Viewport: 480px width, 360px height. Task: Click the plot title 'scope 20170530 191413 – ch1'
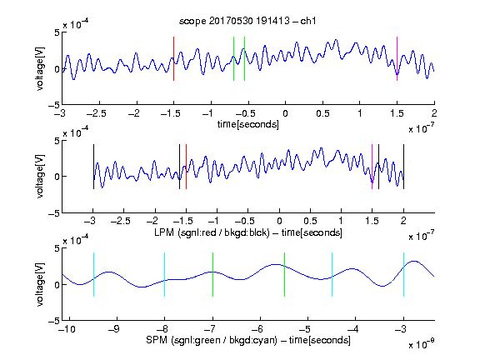[x=247, y=21]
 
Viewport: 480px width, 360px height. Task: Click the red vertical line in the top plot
[x=173, y=59]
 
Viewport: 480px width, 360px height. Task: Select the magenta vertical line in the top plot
[x=397, y=59]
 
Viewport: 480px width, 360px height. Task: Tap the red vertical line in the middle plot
[x=186, y=167]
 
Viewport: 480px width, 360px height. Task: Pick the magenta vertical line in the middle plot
[x=372, y=167]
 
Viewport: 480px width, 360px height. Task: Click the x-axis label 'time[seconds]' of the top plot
[x=248, y=125]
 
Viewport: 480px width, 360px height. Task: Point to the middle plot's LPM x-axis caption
[x=248, y=232]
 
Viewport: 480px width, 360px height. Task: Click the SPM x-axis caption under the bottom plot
[x=248, y=340]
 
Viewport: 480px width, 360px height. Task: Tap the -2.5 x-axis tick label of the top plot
[x=97, y=113]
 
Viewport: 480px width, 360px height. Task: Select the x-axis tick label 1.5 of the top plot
[x=397, y=113]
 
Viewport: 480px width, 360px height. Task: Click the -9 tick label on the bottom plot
[x=114, y=329]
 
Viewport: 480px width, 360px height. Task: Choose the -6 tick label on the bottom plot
[x=260, y=329]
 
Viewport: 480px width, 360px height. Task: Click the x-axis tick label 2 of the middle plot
[x=403, y=221]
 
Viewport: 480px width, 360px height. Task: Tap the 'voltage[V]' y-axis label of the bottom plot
[x=40, y=285]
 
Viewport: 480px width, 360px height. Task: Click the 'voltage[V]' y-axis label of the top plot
[x=40, y=68]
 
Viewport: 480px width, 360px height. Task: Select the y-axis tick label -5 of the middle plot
[x=54, y=213]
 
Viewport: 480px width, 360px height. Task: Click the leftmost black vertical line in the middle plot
[x=93, y=167]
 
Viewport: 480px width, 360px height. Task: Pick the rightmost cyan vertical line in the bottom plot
[x=403, y=275]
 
